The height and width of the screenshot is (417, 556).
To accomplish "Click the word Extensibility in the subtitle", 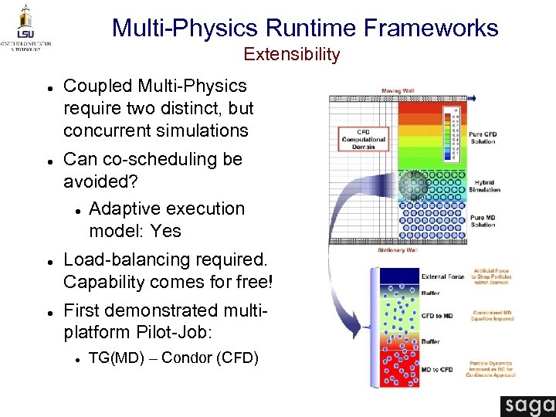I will coord(292,54).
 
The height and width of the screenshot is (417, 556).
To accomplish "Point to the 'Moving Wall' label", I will coord(398,91).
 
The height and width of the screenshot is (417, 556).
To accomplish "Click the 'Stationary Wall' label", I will coord(398,250).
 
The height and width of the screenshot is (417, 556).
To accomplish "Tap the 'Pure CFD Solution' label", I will coord(483,137).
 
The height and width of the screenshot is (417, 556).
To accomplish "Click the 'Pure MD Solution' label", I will coord(483,221).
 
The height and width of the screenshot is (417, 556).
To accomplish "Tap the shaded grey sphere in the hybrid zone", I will coord(414,185).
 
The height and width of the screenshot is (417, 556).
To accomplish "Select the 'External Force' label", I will coord(442,276).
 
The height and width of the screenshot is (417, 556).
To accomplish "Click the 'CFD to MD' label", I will coord(437,316).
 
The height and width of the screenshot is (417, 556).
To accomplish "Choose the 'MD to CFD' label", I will coord(437,370).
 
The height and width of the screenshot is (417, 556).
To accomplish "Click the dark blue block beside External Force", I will coord(398,276).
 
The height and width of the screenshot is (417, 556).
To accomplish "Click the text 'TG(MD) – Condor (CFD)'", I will coord(174,358).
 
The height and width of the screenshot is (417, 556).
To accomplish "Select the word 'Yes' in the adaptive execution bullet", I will coord(166,231).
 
